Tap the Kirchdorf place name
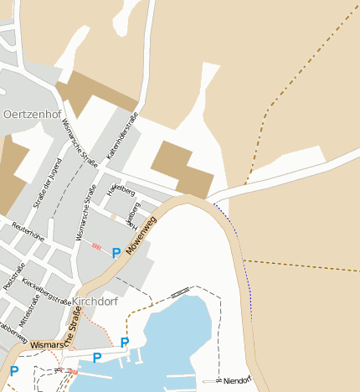[x=95, y=300]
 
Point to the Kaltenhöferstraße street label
[x=121, y=137]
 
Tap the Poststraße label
[x=14, y=274]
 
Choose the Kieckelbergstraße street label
[x=47, y=292]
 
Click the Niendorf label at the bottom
[x=238, y=380]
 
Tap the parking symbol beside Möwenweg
[x=116, y=251]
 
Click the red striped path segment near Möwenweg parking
[x=96, y=246]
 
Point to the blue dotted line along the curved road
[x=244, y=268]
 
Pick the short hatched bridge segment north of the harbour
[x=179, y=293]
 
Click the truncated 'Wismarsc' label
[x=48, y=344]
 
